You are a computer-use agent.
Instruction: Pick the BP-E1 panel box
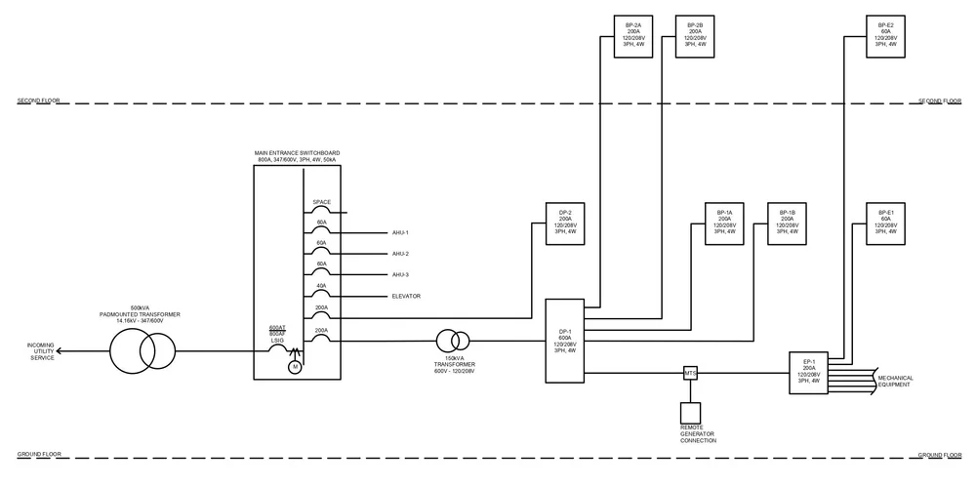click(886, 223)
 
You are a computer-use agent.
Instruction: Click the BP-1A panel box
click(724, 223)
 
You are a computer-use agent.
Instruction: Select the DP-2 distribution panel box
click(564, 223)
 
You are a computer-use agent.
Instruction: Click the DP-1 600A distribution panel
click(564, 341)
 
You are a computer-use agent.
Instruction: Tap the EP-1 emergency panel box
click(809, 372)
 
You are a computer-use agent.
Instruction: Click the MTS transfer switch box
click(689, 372)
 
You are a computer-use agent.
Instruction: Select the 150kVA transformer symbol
click(453, 341)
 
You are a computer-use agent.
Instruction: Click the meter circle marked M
click(295, 367)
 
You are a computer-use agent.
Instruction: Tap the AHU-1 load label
click(400, 233)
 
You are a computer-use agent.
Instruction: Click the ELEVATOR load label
click(406, 296)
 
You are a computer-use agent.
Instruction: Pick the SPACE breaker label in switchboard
click(321, 202)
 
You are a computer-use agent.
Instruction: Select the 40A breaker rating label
click(321, 285)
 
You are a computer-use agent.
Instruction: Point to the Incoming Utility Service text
click(41, 351)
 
